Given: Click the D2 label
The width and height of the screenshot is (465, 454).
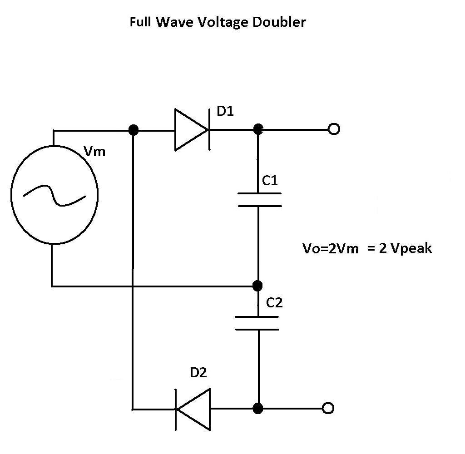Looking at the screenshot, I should pos(198,373).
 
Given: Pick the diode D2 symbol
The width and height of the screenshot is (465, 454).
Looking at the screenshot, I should pos(193,409).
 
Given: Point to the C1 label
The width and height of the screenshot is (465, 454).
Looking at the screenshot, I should pos(270,181).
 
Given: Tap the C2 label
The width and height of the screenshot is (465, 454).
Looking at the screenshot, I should pos(274,302).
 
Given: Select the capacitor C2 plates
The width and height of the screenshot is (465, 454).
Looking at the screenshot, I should pos(257,323).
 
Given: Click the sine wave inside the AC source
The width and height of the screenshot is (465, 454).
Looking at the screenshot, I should pos(54,196).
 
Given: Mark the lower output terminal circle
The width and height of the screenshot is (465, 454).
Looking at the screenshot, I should pos(327,408).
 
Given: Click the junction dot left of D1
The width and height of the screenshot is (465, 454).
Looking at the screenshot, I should pos(133,130).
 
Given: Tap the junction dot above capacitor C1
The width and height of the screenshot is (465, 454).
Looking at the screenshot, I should pos(258,130).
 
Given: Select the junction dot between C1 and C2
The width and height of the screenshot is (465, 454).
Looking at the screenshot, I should pos(257,286).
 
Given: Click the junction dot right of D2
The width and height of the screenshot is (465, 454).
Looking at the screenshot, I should pos(257,408).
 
